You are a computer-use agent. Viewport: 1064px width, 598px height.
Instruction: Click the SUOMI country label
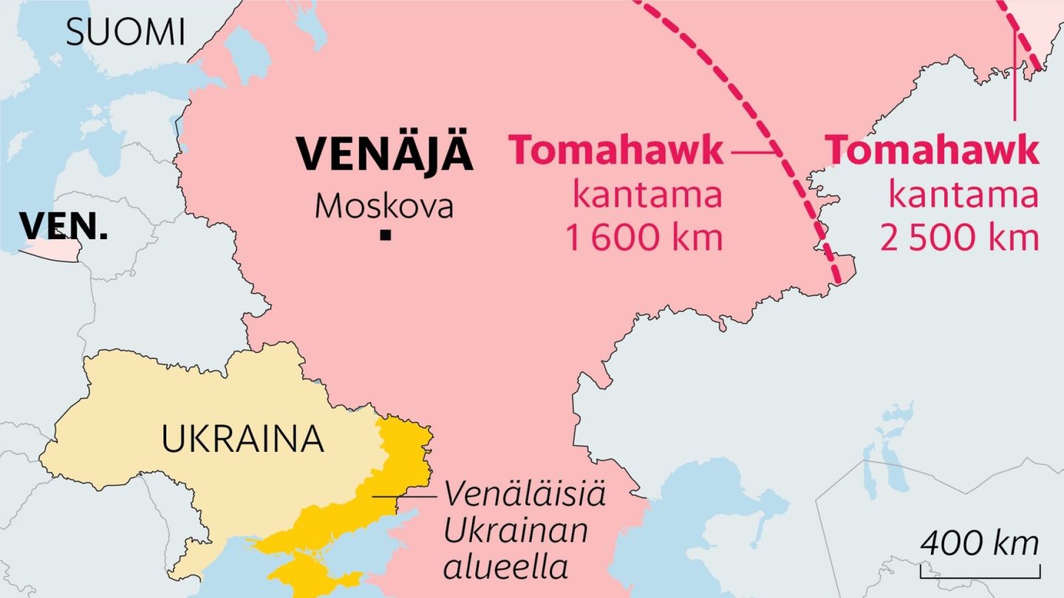click(x=125, y=32)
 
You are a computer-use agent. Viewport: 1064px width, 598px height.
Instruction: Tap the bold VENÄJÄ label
click(x=384, y=154)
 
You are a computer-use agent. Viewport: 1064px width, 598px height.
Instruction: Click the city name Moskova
click(x=383, y=207)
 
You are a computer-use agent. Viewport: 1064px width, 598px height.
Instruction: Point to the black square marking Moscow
click(x=384, y=236)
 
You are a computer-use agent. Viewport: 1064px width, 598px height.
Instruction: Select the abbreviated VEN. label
click(x=64, y=226)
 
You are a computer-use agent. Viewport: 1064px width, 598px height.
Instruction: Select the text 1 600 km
click(x=644, y=238)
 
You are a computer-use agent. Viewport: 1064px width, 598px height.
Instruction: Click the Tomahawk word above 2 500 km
click(x=932, y=151)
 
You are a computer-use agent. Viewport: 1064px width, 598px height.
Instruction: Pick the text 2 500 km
click(x=959, y=238)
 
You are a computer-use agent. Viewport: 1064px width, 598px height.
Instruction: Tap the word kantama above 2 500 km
click(x=963, y=196)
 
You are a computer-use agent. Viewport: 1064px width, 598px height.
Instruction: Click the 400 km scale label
click(x=980, y=544)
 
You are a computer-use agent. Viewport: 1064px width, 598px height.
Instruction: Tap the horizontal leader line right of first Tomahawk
click(x=749, y=153)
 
